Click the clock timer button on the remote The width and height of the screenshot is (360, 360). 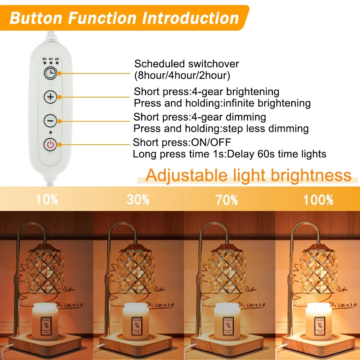tap(50, 73)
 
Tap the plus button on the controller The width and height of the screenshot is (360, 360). tap(50, 97)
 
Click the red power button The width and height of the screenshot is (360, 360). tap(50, 145)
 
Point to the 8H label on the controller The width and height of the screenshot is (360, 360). tap(45, 58)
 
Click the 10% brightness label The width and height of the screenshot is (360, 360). tap(46, 199)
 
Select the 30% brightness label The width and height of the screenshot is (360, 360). tap(138, 199)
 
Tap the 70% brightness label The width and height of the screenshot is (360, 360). tap(227, 199)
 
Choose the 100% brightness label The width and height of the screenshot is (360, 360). tap(318, 199)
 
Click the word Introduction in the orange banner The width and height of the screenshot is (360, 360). tap(190, 18)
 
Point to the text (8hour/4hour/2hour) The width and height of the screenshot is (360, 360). tap(182, 76)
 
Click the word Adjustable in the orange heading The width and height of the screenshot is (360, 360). tap(186, 175)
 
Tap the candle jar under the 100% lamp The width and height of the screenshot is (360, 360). tap(318, 320)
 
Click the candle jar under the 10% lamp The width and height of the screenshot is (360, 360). tap(45, 320)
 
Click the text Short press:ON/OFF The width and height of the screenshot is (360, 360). tap(182, 142)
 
